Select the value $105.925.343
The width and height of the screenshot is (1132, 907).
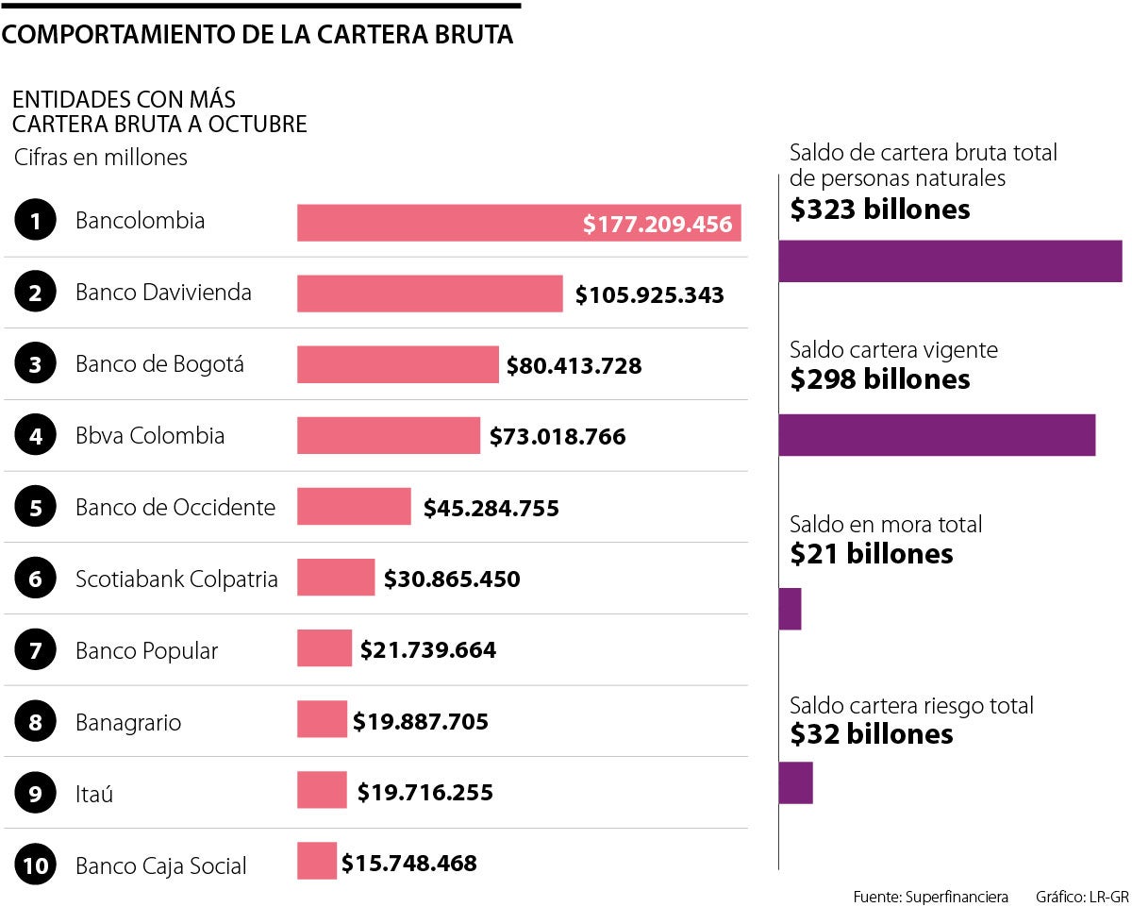649,294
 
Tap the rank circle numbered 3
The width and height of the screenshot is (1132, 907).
36,365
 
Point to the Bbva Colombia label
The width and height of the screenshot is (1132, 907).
150,436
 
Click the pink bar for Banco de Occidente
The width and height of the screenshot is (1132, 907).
354,507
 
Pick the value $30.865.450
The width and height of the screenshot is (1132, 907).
451,579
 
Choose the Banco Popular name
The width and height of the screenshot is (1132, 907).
146,651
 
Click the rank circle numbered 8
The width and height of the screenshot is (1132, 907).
36,723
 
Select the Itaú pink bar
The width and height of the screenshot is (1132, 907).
322,790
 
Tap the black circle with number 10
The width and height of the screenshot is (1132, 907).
36,866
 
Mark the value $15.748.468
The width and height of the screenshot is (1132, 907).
408,863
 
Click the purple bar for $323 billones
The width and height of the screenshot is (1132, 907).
949,261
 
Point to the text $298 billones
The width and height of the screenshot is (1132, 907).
879,379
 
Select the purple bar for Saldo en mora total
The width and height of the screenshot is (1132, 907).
790,609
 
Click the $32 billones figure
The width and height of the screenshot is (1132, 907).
871,734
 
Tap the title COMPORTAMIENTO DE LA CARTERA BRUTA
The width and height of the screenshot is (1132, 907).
258,36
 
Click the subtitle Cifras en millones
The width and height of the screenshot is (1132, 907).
101,158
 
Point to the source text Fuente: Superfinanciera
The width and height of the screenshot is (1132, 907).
930,896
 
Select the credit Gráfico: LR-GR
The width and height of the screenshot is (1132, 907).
1081,896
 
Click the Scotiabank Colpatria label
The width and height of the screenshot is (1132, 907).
176,579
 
